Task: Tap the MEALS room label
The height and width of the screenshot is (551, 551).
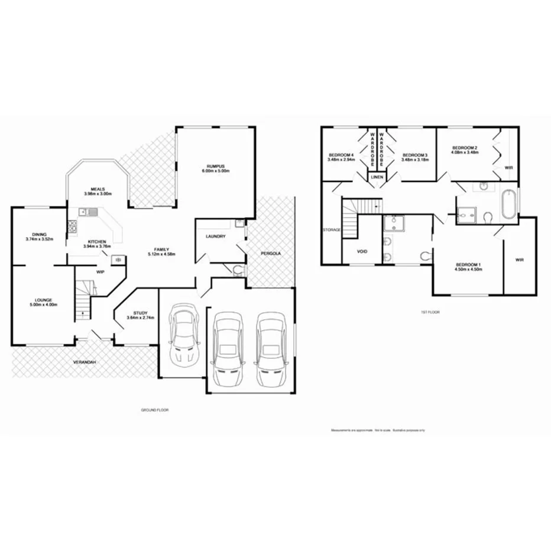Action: tap(98, 189)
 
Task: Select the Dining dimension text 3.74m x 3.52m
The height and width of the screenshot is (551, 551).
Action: tap(40, 239)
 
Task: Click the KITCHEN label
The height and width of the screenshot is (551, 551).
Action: tap(97, 242)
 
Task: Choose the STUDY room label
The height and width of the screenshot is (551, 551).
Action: tap(140, 313)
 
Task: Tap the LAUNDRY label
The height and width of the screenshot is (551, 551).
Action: tap(215, 236)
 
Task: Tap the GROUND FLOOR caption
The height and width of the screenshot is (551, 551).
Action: tap(155, 410)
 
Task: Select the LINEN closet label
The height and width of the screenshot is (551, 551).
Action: tap(375, 177)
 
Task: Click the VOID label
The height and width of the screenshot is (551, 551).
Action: tap(362, 251)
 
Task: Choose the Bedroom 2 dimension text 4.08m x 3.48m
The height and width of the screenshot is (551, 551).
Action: tap(464, 153)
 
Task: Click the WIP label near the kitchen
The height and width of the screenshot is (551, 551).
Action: tap(101, 272)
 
